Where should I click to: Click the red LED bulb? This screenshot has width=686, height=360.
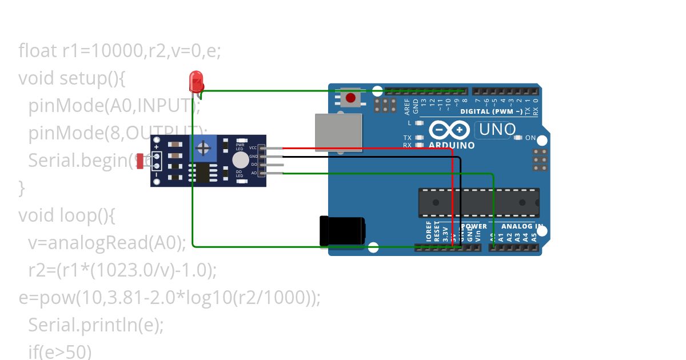point(196,80)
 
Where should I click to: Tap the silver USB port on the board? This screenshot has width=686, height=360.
point(339,132)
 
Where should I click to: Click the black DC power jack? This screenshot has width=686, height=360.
point(342,231)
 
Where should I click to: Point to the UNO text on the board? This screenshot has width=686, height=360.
point(497,130)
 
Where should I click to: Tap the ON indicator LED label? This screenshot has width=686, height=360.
point(530,138)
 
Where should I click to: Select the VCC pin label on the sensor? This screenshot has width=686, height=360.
point(253,148)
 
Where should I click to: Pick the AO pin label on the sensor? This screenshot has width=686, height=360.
point(254,172)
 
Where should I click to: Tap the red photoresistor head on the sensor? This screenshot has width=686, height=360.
point(141,161)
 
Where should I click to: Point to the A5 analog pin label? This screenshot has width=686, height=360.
point(534,235)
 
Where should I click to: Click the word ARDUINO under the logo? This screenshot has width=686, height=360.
point(452,145)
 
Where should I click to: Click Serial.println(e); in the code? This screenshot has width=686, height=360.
point(96,325)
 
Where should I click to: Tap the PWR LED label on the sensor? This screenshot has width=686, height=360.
point(240,147)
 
